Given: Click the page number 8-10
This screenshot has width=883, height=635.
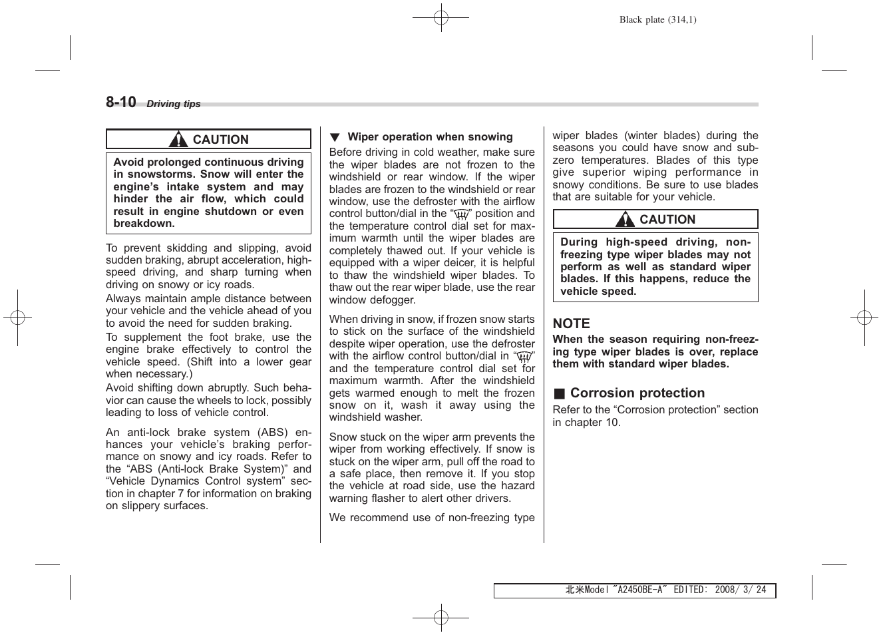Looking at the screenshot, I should [x=120, y=102].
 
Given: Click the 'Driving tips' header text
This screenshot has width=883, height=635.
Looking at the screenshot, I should [x=173, y=104].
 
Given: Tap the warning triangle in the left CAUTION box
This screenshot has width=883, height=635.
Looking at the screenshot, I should [x=178, y=140].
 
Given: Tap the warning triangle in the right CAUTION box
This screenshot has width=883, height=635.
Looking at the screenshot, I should [x=625, y=220].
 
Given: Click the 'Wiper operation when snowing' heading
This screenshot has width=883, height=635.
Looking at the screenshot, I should [x=430, y=137].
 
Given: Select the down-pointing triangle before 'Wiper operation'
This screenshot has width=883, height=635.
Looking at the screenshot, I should [x=335, y=137].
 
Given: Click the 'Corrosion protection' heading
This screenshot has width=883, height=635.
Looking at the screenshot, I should [x=637, y=393].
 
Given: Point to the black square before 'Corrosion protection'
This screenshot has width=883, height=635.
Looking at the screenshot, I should [x=559, y=393].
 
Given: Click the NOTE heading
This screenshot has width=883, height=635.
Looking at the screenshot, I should [x=571, y=323].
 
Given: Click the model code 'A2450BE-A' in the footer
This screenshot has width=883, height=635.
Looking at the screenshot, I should [x=639, y=590].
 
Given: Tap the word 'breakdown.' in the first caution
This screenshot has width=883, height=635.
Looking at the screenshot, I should [x=144, y=224].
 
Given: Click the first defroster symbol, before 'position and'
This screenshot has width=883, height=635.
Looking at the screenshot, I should [x=460, y=214].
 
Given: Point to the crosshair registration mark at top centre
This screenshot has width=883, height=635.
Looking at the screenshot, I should [x=441, y=18].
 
